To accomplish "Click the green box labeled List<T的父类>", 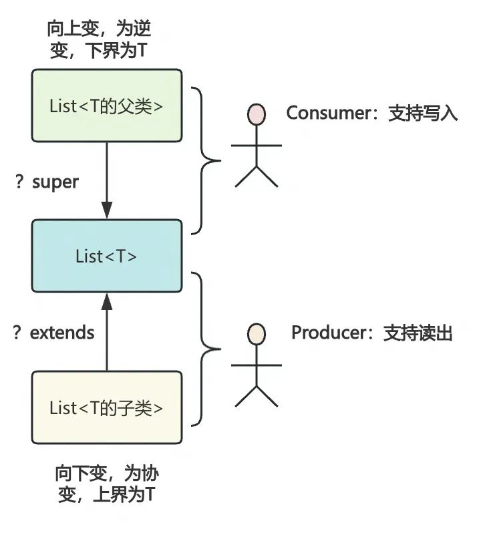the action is pos(107,106).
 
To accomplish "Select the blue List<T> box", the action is pos(107,256).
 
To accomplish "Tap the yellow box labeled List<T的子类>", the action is pos(107,407).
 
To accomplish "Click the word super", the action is pos(55,182).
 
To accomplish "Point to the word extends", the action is pos(62,333).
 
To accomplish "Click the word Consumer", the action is pos(329,113).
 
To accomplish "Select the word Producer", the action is pos(329,333).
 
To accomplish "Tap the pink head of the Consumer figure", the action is pos(257,114).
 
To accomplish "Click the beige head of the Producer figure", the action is pos(257,334).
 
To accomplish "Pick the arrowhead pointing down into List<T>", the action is pos(107,210).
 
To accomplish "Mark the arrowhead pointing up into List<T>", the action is pos(107,301).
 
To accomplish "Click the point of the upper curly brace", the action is pos(220,160).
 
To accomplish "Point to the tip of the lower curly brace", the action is pos(220,349).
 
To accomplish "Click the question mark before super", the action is pos(19,182).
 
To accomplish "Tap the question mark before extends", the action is pos(17,332).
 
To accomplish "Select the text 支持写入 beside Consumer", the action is pos(423,113).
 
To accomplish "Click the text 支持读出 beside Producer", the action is pos(418,333).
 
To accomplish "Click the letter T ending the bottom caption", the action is pos(150,494).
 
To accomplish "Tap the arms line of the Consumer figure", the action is pos(257,146).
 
